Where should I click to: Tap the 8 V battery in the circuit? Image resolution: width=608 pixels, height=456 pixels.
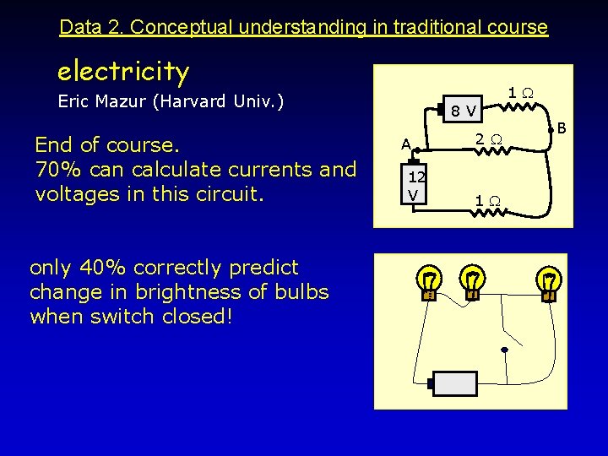coord(463,109)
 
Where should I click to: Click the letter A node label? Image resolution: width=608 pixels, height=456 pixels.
coord(406,144)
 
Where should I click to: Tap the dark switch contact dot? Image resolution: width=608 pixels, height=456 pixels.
coord(504,349)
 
